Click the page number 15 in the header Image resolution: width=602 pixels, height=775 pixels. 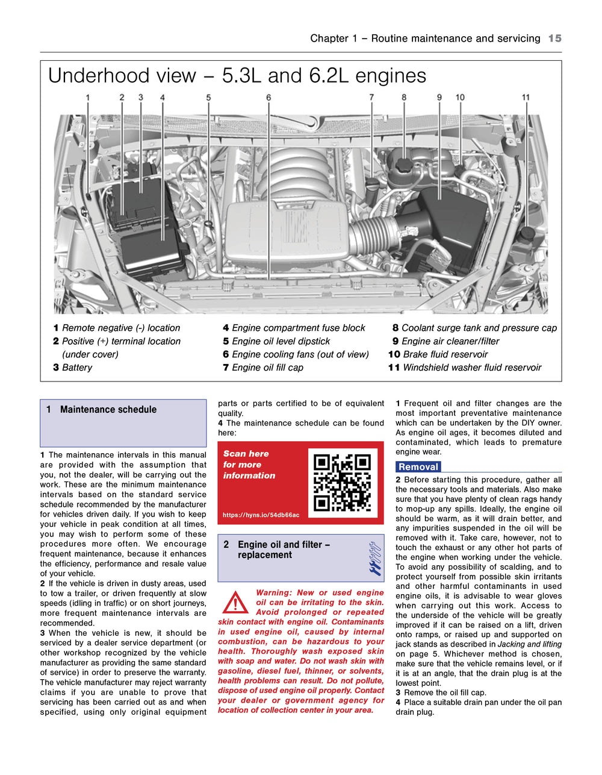554,39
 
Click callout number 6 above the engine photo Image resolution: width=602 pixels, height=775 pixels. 268,98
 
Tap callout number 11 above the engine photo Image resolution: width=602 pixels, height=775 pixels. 526,98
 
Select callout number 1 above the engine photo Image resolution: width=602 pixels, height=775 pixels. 88,98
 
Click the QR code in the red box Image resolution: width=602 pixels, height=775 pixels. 342,482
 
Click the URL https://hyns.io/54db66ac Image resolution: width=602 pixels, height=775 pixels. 261,515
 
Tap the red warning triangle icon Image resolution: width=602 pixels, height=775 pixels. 235,602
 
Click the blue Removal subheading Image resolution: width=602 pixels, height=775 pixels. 418,467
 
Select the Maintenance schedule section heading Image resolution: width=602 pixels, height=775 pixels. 108,410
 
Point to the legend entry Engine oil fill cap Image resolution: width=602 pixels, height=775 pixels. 267,368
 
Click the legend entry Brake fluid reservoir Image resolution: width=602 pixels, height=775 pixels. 445,354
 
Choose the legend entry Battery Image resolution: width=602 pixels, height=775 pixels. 77,368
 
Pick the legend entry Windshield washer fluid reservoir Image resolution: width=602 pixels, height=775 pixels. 472,368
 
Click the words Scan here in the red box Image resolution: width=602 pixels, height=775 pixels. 246,454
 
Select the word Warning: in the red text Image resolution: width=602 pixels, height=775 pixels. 274,593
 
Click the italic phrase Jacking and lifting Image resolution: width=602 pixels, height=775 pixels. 529,644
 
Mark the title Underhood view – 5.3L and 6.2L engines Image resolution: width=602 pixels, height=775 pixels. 237,76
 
